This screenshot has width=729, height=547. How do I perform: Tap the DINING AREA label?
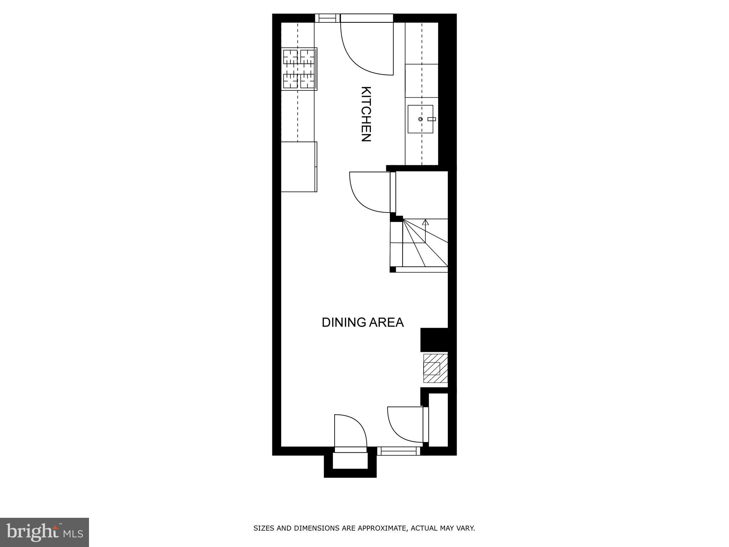[x=362, y=322]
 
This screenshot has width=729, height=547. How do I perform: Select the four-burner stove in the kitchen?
[x=299, y=69]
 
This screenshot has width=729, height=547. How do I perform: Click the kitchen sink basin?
[x=420, y=119]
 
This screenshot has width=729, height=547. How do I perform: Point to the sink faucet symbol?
[x=432, y=119]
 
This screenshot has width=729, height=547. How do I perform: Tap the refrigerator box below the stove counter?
[x=299, y=167]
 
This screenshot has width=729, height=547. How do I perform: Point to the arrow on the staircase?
[x=425, y=223]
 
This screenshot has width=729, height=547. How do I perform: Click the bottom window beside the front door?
[x=398, y=451]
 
